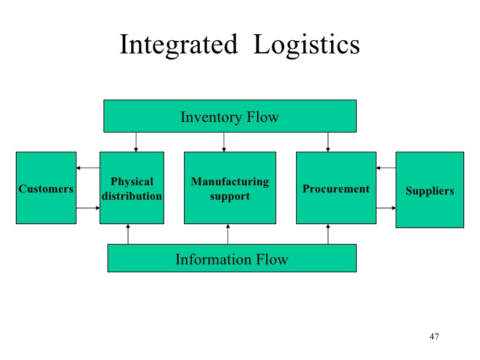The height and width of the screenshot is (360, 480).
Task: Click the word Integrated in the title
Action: click(177, 45)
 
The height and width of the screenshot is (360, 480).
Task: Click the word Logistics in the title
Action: click(307, 45)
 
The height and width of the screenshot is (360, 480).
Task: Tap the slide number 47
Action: click(434, 337)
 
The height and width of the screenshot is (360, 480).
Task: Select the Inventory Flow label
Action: click(229, 117)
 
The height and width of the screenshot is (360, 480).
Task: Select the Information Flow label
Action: click(231, 259)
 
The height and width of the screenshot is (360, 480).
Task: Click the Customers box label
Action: click(46, 189)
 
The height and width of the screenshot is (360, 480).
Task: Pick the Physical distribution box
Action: click(131, 189)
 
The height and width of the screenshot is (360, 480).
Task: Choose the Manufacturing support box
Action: click(229, 189)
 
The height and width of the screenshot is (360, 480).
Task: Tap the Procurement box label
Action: click(336, 189)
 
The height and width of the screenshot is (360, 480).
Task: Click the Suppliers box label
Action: click(430, 191)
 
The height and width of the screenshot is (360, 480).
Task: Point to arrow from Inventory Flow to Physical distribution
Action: click(136, 142)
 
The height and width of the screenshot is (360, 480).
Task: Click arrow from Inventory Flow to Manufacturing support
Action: click(224, 142)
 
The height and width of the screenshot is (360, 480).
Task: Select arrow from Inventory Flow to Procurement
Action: click(328, 142)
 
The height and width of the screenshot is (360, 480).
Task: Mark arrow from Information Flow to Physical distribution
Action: click(129, 234)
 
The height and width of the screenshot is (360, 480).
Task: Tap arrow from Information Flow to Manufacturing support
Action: click(228, 234)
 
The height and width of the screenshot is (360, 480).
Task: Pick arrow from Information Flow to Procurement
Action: click(328, 234)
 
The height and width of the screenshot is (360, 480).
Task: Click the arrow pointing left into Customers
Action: click(88, 168)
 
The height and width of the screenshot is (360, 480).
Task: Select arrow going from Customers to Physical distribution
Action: click(88, 208)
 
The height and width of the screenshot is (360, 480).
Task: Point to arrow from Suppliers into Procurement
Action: click(386, 168)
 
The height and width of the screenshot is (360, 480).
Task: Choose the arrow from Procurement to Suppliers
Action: click(386, 208)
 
